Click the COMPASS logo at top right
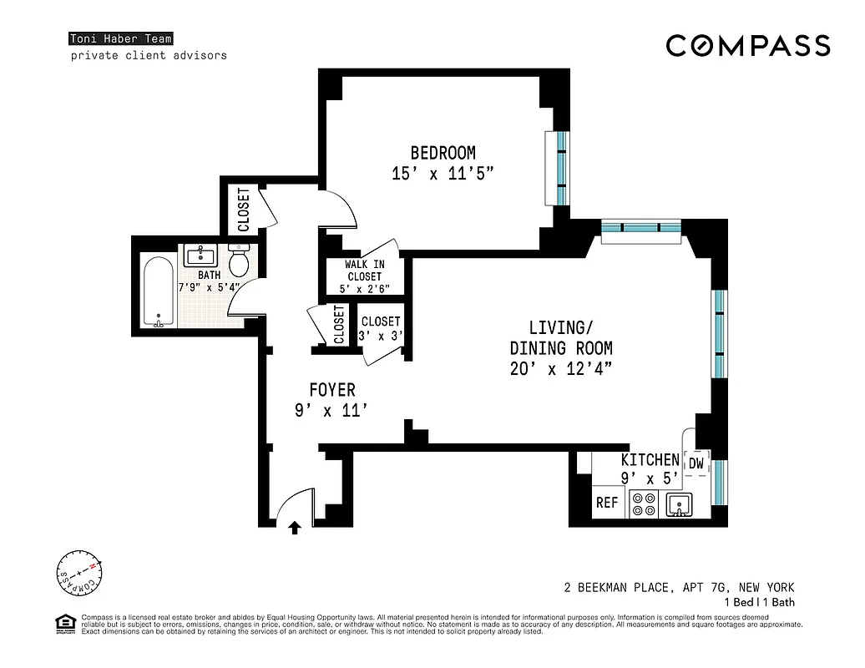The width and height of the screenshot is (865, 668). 747,46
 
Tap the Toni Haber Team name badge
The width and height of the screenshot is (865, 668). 121,38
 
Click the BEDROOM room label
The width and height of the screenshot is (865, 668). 443,153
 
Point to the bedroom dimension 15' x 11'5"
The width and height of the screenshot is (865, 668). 443,174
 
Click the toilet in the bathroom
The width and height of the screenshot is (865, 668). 239,261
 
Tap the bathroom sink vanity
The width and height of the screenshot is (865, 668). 201,256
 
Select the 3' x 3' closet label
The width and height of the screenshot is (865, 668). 381,329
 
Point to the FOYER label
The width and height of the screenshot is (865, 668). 331,390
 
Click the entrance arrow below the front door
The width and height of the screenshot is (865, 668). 294,527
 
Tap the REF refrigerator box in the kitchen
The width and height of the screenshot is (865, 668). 606,503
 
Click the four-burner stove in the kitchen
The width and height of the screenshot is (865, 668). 643,504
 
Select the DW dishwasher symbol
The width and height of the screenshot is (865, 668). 696,463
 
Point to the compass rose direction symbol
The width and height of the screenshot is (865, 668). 78,574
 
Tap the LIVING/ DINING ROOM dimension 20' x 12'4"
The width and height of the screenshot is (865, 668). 561,369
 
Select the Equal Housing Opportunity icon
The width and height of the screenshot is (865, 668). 63,624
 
